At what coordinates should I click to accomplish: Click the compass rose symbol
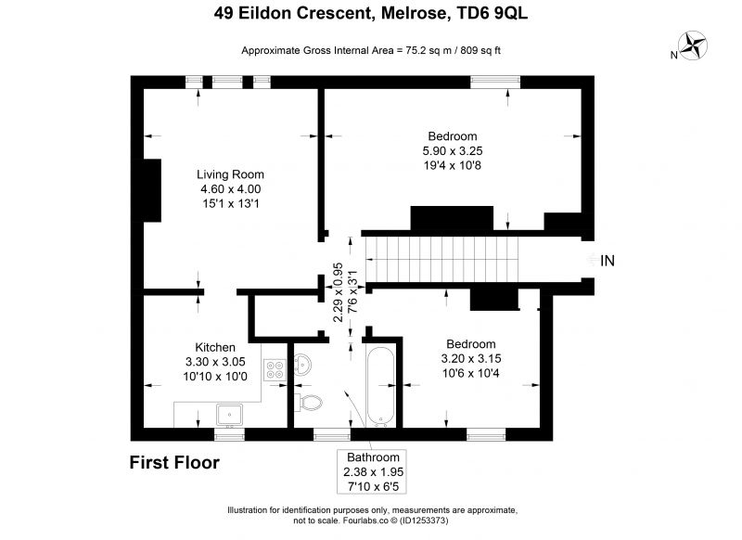pos(693,45)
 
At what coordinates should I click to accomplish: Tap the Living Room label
pos(230,174)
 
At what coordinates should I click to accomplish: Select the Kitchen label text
pos(215,347)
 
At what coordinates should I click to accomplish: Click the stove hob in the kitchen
pos(275,369)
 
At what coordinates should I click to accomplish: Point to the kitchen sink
pos(229,415)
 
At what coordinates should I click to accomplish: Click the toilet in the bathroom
pos(309,403)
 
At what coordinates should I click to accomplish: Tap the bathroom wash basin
pos(302,365)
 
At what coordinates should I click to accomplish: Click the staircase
pos(442,260)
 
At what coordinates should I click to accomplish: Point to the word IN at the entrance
pos(608,261)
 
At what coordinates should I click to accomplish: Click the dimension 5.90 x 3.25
pos(453,151)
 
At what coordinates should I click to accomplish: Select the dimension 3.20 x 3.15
pos(471,359)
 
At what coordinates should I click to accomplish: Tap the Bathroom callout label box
pos(372,471)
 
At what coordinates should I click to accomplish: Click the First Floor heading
pos(174,462)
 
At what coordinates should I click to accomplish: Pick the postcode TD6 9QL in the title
pos(492,13)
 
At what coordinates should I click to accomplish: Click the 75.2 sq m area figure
pos(429,51)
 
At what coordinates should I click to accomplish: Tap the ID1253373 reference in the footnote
pos(424,521)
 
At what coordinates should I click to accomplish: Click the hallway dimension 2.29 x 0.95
pos(338,292)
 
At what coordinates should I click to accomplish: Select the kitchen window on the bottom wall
pos(229,434)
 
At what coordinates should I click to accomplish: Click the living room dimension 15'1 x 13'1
pos(230,204)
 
